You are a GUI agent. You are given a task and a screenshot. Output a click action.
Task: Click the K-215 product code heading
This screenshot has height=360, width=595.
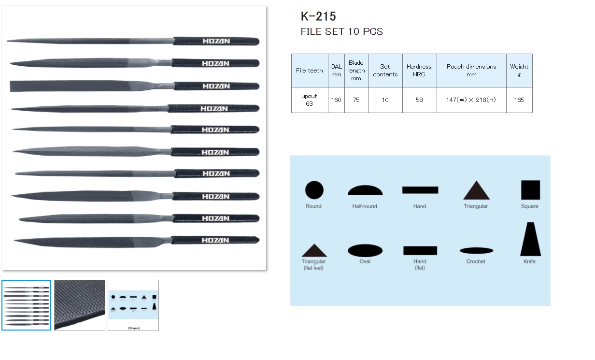(318, 16)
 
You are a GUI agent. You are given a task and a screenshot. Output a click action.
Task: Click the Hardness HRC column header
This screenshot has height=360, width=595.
(419, 71)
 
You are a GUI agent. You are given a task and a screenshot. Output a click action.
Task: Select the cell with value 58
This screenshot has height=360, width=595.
(419, 100)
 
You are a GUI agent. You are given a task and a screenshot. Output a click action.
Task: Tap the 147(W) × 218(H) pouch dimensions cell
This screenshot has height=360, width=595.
(471, 100)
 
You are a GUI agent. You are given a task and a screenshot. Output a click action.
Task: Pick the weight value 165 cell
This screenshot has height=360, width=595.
(519, 100)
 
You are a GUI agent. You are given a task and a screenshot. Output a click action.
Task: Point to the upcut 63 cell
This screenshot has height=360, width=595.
(309, 100)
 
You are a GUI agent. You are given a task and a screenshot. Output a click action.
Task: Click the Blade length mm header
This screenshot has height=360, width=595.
(356, 71)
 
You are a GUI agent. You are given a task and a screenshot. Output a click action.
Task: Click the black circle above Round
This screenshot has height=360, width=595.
(314, 190)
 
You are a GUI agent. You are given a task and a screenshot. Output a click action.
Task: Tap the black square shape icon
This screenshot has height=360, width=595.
(530, 190)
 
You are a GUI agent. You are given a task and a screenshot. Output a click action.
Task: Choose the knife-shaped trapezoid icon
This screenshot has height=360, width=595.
(530, 240)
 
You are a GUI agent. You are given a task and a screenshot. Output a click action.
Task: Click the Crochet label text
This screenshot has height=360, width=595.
(476, 261)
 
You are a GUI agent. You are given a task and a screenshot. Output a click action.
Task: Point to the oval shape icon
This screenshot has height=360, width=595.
(365, 250)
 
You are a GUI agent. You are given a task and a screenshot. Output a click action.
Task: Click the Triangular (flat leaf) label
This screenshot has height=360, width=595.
(313, 264)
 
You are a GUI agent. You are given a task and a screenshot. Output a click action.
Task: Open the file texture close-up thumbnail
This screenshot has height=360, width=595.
(80, 305)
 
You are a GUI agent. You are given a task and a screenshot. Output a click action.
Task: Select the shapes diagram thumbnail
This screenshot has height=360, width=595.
(133, 305)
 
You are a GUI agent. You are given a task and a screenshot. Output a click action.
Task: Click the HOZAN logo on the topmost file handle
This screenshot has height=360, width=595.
(216, 42)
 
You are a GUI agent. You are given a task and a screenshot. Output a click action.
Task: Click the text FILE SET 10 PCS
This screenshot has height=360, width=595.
(341, 32)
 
